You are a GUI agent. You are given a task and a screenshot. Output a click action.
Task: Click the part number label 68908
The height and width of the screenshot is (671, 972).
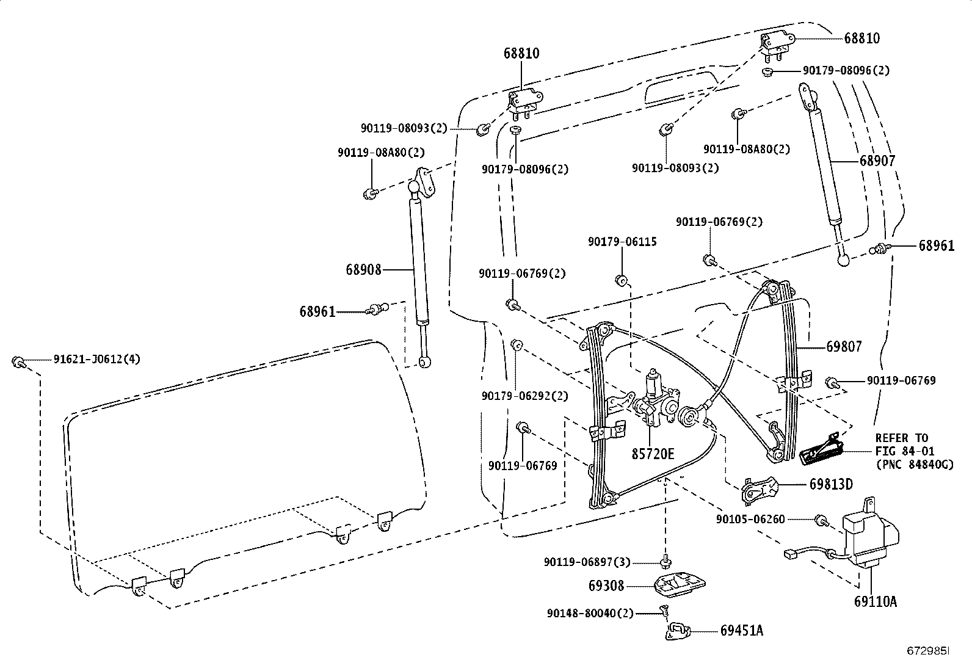point(363,269)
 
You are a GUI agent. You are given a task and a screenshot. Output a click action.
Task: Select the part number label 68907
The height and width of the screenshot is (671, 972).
point(877,161)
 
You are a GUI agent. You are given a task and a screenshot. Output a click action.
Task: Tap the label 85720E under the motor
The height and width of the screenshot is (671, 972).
point(653,454)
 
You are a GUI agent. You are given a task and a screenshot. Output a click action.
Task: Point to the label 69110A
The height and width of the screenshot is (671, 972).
point(875,601)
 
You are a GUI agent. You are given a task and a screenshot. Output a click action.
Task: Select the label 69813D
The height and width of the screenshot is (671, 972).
point(831,484)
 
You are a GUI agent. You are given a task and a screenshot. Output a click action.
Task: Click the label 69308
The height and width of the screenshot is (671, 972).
point(607,586)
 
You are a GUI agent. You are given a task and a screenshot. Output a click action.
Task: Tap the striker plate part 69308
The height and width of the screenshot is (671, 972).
point(678,584)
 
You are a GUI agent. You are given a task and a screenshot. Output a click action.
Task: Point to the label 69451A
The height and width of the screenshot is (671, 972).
point(741,631)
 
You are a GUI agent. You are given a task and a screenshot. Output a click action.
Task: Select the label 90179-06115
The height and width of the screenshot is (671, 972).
point(622,242)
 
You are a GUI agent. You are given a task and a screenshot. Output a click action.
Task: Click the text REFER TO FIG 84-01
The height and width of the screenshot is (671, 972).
point(901,444)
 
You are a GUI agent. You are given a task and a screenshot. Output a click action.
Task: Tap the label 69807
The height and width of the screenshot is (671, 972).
point(844,347)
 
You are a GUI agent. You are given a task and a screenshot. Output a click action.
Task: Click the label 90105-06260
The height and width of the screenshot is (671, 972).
point(750,520)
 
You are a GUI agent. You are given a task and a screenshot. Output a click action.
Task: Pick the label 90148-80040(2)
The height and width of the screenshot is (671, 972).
point(590,613)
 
